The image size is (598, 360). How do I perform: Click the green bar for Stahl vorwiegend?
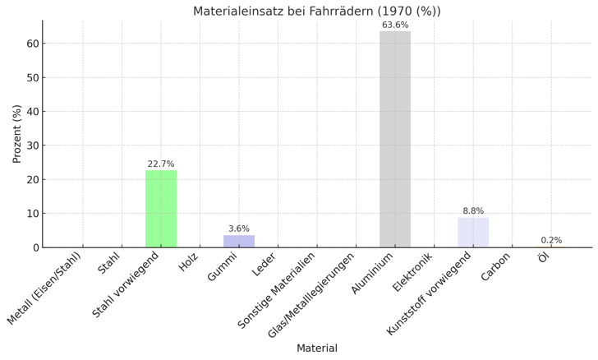point(161,209)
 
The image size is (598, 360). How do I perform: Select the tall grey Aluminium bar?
point(395,140)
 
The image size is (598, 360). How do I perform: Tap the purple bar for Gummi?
point(239,242)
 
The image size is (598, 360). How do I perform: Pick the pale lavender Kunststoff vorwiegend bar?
point(473,233)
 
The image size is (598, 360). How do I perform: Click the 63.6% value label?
point(395,25)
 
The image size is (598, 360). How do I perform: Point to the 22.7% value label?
point(161,164)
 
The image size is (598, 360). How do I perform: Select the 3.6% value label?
point(239,229)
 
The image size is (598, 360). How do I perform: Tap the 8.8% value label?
point(473,211)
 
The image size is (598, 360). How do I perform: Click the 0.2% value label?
point(551,241)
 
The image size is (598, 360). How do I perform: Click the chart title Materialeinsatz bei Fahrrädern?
point(316,12)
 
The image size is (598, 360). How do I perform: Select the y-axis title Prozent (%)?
point(17,134)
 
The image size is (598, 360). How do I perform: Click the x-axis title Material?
point(316,348)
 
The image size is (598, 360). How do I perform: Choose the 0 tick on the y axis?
point(34,247)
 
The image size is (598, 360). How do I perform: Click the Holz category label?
point(190,262)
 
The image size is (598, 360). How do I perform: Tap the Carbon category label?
point(497,266)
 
